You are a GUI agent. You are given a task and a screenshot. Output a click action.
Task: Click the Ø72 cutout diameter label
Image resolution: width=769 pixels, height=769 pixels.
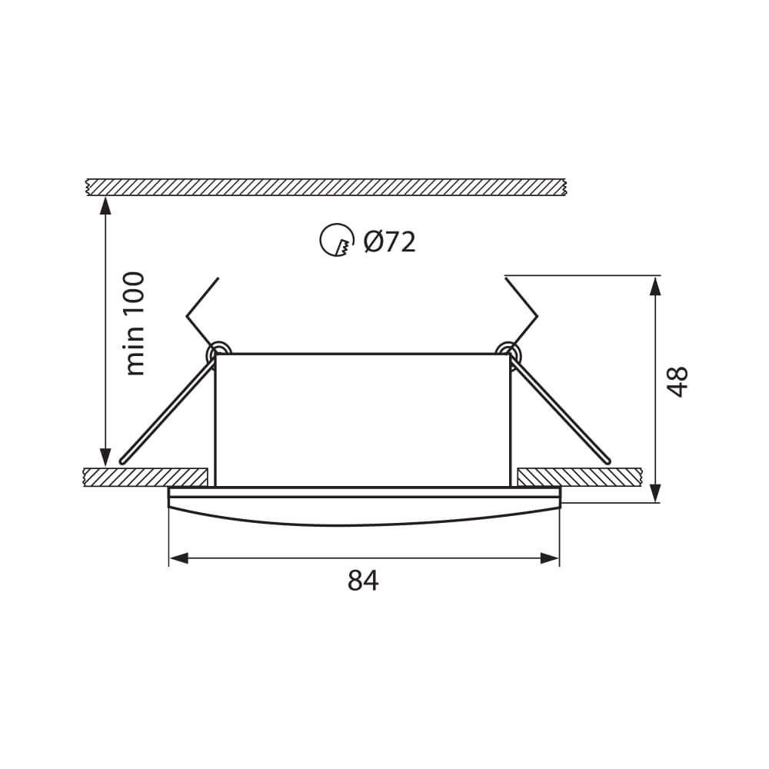[389, 242]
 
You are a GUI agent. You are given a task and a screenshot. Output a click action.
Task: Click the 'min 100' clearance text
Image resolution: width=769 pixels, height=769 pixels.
[135, 323]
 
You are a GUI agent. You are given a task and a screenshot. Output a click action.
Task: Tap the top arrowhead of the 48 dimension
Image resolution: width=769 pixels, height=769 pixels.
[654, 285]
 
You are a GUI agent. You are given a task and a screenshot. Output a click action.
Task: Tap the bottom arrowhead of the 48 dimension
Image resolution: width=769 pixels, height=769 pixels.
[654, 492]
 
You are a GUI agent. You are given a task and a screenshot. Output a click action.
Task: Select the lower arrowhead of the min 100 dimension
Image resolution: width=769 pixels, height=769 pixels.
[105, 457]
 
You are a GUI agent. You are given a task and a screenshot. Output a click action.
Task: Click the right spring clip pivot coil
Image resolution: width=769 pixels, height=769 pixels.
[507, 350]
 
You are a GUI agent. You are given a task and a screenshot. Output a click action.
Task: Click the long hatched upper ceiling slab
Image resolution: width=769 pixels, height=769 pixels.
[327, 186]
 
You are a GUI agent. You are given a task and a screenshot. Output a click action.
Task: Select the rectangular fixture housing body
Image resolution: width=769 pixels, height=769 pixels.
[362, 419]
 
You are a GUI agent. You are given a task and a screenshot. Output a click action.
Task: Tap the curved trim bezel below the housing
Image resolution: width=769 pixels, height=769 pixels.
[363, 510]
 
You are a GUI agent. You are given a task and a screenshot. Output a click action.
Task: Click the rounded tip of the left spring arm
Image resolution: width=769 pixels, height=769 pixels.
[123, 460]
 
